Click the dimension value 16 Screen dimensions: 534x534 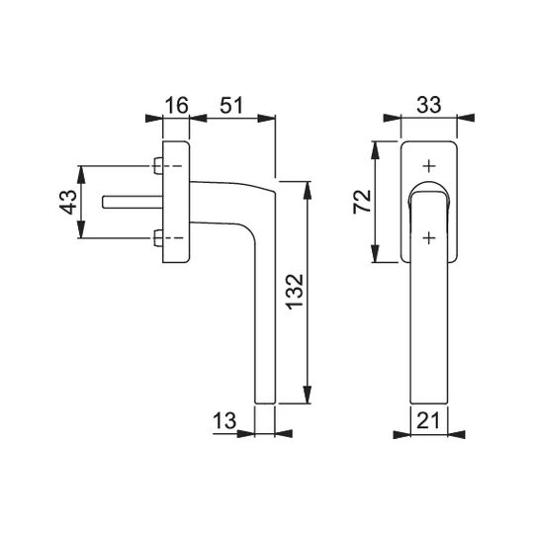(x=177, y=105)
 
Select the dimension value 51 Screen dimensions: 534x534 (x=231, y=105)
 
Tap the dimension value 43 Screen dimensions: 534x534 (x=68, y=203)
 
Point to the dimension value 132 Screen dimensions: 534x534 (x=295, y=292)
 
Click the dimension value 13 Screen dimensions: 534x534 (x=224, y=420)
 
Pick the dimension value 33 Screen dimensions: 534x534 (x=429, y=105)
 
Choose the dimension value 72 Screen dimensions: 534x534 (x=362, y=202)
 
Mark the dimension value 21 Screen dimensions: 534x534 (x=428, y=421)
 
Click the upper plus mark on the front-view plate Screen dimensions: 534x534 (x=429, y=166)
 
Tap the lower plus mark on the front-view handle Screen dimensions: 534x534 (x=429, y=237)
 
